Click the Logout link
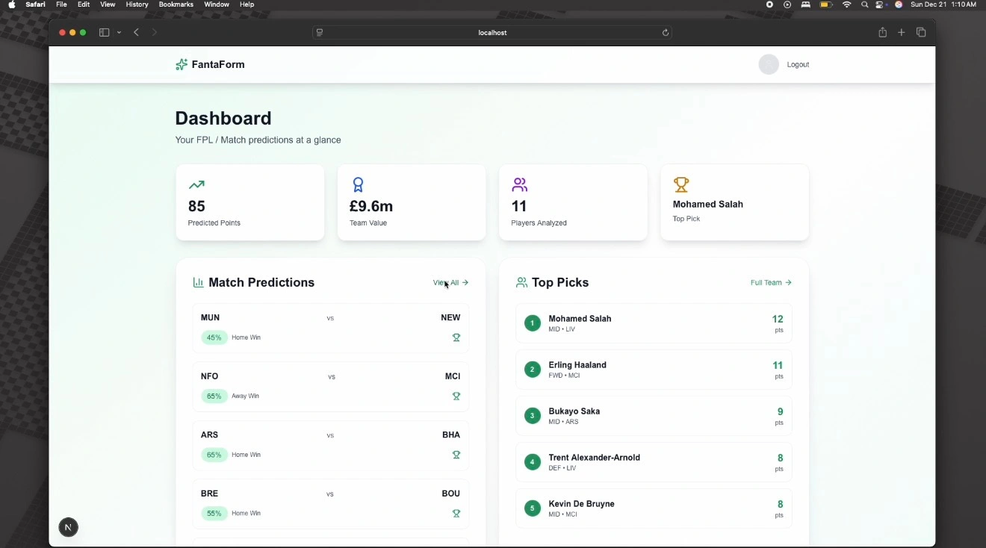pyautogui.click(x=798, y=65)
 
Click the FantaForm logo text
pyautogui.click(x=217, y=65)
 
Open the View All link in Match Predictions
pyautogui.click(x=450, y=283)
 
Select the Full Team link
pyautogui.click(x=770, y=283)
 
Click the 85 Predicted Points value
pyautogui.click(x=196, y=206)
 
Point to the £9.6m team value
pyautogui.click(x=371, y=206)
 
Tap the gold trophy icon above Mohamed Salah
pyautogui.click(x=680, y=184)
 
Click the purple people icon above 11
pyautogui.click(x=519, y=184)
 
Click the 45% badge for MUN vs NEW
pyautogui.click(x=214, y=337)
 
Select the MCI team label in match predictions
pyautogui.click(x=453, y=376)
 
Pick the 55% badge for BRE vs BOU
pyautogui.click(x=214, y=514)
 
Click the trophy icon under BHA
pyautogui.click(x=456, y=455)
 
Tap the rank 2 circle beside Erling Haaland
pyautogui.click(x=533, y=370)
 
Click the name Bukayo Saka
pyautogui.click(x=574, y=411)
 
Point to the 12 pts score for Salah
pyautogui.click(x=778, y=320)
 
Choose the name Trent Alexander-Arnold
pyautogui.click(x=594, y=458)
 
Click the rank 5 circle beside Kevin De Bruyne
pyautogui.click(x=533, y=508)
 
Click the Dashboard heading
pyautogui.click(x=223, y=119)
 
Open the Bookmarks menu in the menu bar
pyautogui.click(x=176, y=4)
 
